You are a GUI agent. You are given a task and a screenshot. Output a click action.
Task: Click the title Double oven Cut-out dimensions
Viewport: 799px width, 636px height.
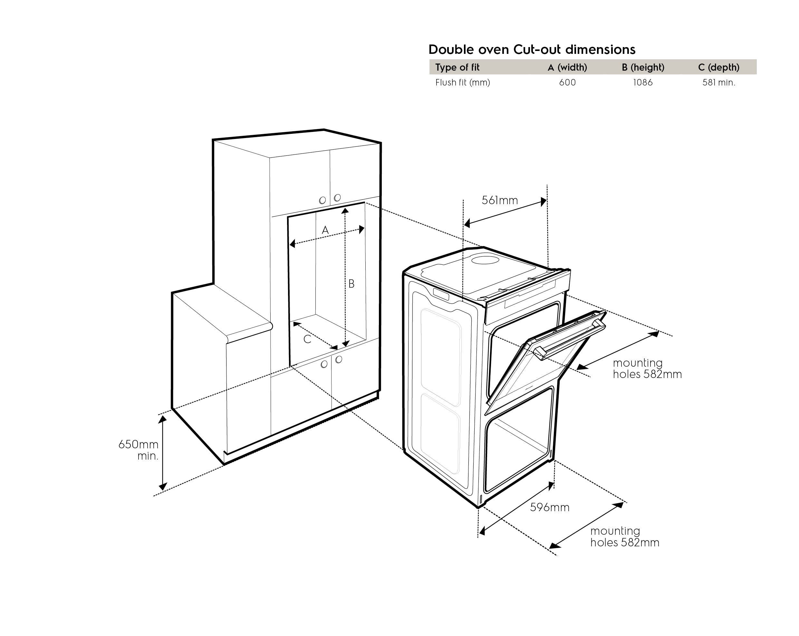click(x=532, y=49)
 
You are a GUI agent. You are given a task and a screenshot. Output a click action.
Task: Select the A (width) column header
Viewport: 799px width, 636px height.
click(x=567, y=67)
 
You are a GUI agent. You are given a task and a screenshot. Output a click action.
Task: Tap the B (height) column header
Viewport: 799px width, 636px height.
click(x=643, y=67)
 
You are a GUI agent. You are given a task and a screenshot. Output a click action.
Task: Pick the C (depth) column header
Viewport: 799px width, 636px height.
click(x=718, y=67)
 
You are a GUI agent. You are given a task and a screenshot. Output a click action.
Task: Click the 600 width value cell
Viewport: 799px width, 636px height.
click(x=567, y=82)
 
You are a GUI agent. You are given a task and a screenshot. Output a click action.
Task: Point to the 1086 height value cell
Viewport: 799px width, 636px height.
click(x=643, y=82)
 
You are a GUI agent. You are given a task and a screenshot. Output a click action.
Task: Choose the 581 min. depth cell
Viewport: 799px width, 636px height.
click(x=718, y=82)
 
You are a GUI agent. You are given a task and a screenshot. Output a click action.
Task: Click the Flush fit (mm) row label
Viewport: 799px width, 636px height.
click(x=463, y=82)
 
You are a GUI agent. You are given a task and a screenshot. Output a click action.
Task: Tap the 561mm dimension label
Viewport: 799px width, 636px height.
click(x=500, y=200)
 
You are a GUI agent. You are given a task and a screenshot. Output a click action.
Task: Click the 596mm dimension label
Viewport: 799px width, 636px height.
click(x=550, y=507)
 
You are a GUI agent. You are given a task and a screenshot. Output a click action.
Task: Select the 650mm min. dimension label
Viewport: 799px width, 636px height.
click(x=138, y=450)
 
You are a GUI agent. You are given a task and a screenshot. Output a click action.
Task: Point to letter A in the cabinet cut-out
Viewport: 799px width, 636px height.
click(x=325, y=230)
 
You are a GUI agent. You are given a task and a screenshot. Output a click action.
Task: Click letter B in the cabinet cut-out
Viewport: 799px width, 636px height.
click(x=351, y=284)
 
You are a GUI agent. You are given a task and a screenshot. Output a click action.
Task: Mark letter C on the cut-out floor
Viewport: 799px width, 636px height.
click(x=307, y=339)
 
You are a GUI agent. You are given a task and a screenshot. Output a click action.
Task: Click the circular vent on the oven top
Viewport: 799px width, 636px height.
click(x=486, y=259)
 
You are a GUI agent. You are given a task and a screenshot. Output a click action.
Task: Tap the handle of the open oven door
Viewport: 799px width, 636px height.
click(x=570, y=341)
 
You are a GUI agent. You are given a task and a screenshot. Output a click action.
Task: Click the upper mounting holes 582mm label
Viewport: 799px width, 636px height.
click(x=647, y=368)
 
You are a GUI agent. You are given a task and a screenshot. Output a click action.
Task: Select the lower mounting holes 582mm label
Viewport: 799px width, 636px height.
click(x=625, y=537)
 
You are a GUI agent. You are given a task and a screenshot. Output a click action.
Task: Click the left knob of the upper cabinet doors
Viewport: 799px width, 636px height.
click(x=322, y=200)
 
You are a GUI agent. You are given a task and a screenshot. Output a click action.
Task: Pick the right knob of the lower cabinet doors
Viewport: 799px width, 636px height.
click(x=338, y=360)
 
